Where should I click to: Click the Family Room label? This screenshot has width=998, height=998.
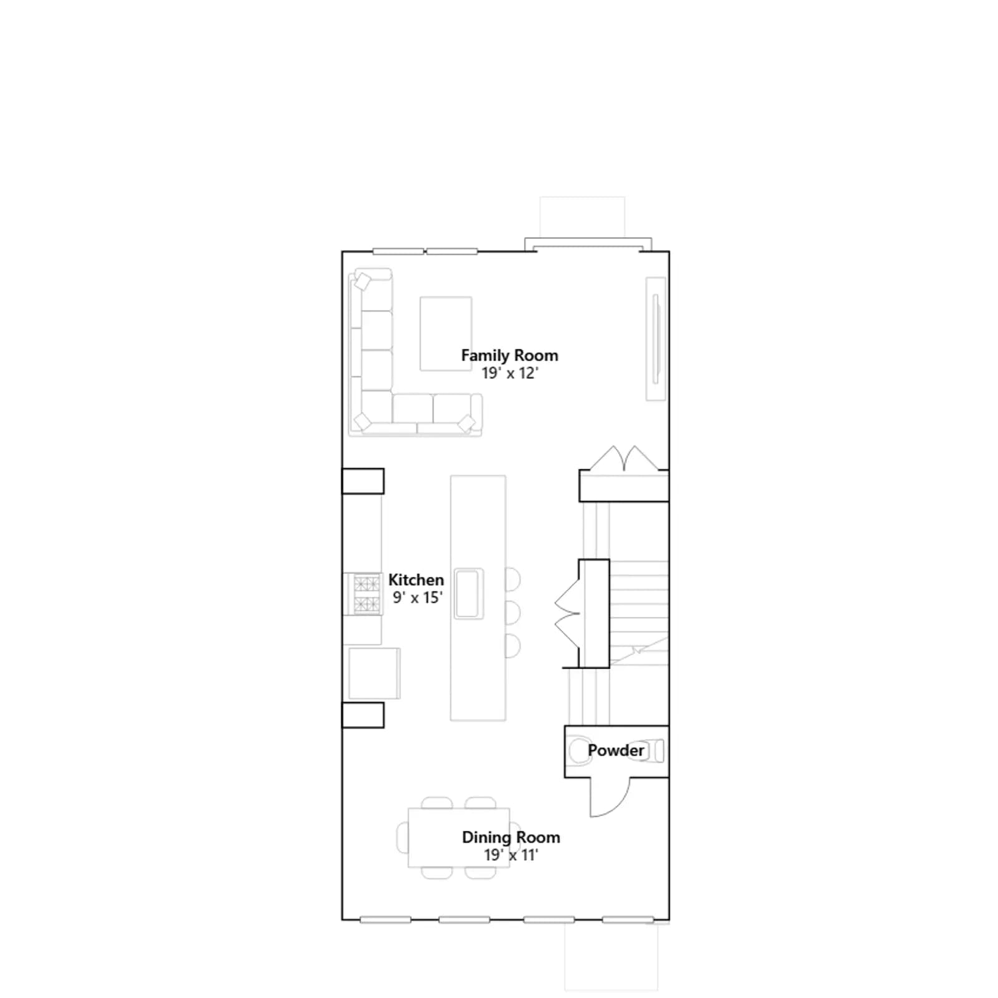(x=510, y=356)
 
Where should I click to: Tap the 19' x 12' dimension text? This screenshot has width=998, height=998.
(x=510, y=373)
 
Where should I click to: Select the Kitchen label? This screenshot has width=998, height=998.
(x=416, y=579)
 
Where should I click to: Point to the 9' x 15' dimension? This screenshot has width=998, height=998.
(x=417, y=597)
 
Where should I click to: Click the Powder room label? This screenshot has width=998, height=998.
(x=616, y=750)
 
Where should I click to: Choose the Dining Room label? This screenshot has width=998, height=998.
(x=511, y=837)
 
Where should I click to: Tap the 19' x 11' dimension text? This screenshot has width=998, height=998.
(x=511, y=855)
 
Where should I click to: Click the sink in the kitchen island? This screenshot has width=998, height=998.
(x=468, y=593)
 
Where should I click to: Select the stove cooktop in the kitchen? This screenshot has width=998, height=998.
(x=367, y=594)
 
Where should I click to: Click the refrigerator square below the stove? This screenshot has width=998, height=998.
(x=374, y=674)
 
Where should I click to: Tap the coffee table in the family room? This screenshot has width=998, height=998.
(x=445, y=334)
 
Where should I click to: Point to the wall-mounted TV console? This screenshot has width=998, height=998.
(x=656, y=339)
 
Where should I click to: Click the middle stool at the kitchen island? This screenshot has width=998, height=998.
(x=512, y=613)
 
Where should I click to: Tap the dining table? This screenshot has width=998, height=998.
(x=458, y=838)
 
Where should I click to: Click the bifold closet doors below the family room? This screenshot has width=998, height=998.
(x=624, y=458)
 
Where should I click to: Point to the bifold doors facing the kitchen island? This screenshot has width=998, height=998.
(x=568, y=613)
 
